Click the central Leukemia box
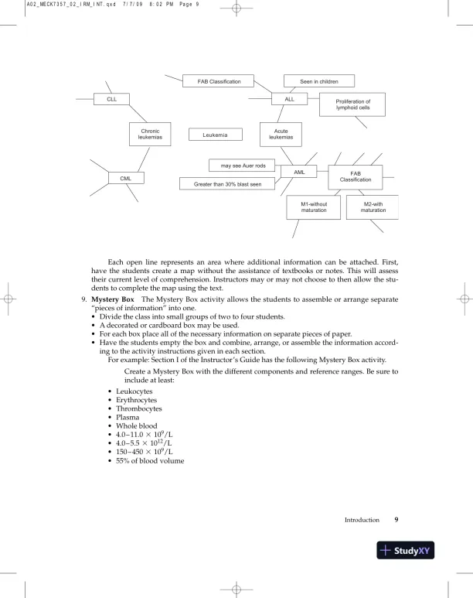215,135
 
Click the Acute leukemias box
281,135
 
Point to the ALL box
290,99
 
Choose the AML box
301,172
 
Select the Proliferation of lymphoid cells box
352,104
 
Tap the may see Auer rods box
243,165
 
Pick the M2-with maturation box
373,207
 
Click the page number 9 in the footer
396,520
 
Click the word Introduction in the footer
362,520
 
